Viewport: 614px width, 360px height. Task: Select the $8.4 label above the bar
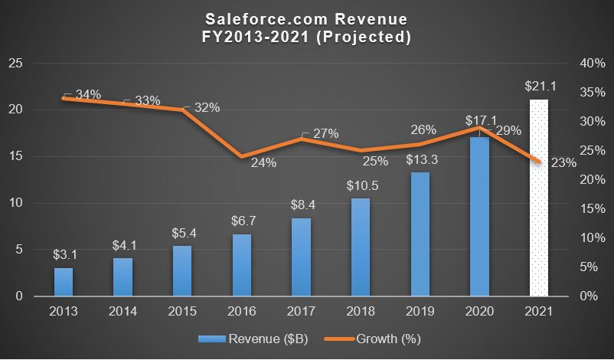[x=301, y=205]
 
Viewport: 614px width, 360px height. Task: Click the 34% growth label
[x=87, y=94]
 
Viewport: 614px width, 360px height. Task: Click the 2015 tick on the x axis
[x=182, y=313]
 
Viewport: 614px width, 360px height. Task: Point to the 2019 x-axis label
[x=420, y=313]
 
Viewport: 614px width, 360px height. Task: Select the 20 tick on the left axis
[x=15, y=110]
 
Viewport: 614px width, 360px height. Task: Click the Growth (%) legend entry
[x=374, y=338]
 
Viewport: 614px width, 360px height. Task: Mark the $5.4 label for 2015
[x=182, y=232]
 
